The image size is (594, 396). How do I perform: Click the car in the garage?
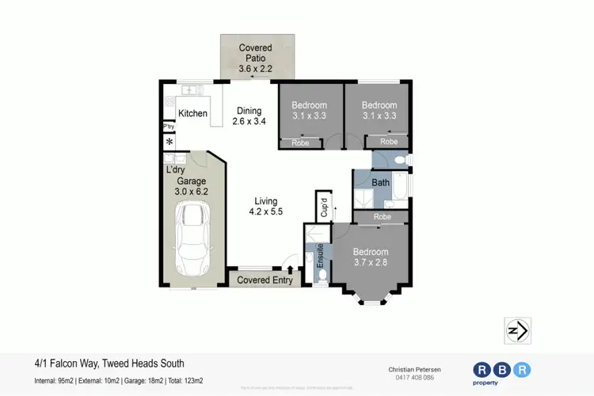click(193, 238)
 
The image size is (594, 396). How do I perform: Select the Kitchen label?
click(192, 114)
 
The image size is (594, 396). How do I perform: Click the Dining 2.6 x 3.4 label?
click(249, 116)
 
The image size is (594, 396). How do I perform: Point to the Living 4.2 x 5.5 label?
click(265, 206)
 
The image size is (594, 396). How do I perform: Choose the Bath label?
click(381, 183)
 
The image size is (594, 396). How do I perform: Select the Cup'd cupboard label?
click(324, 207)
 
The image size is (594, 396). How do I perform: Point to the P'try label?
click(169, 127)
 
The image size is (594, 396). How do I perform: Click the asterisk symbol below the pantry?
click(169, 142)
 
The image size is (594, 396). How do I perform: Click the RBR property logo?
click(502, 373)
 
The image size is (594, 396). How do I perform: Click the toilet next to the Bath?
click(399, 161)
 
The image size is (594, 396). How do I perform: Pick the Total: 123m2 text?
click(187, 380)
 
